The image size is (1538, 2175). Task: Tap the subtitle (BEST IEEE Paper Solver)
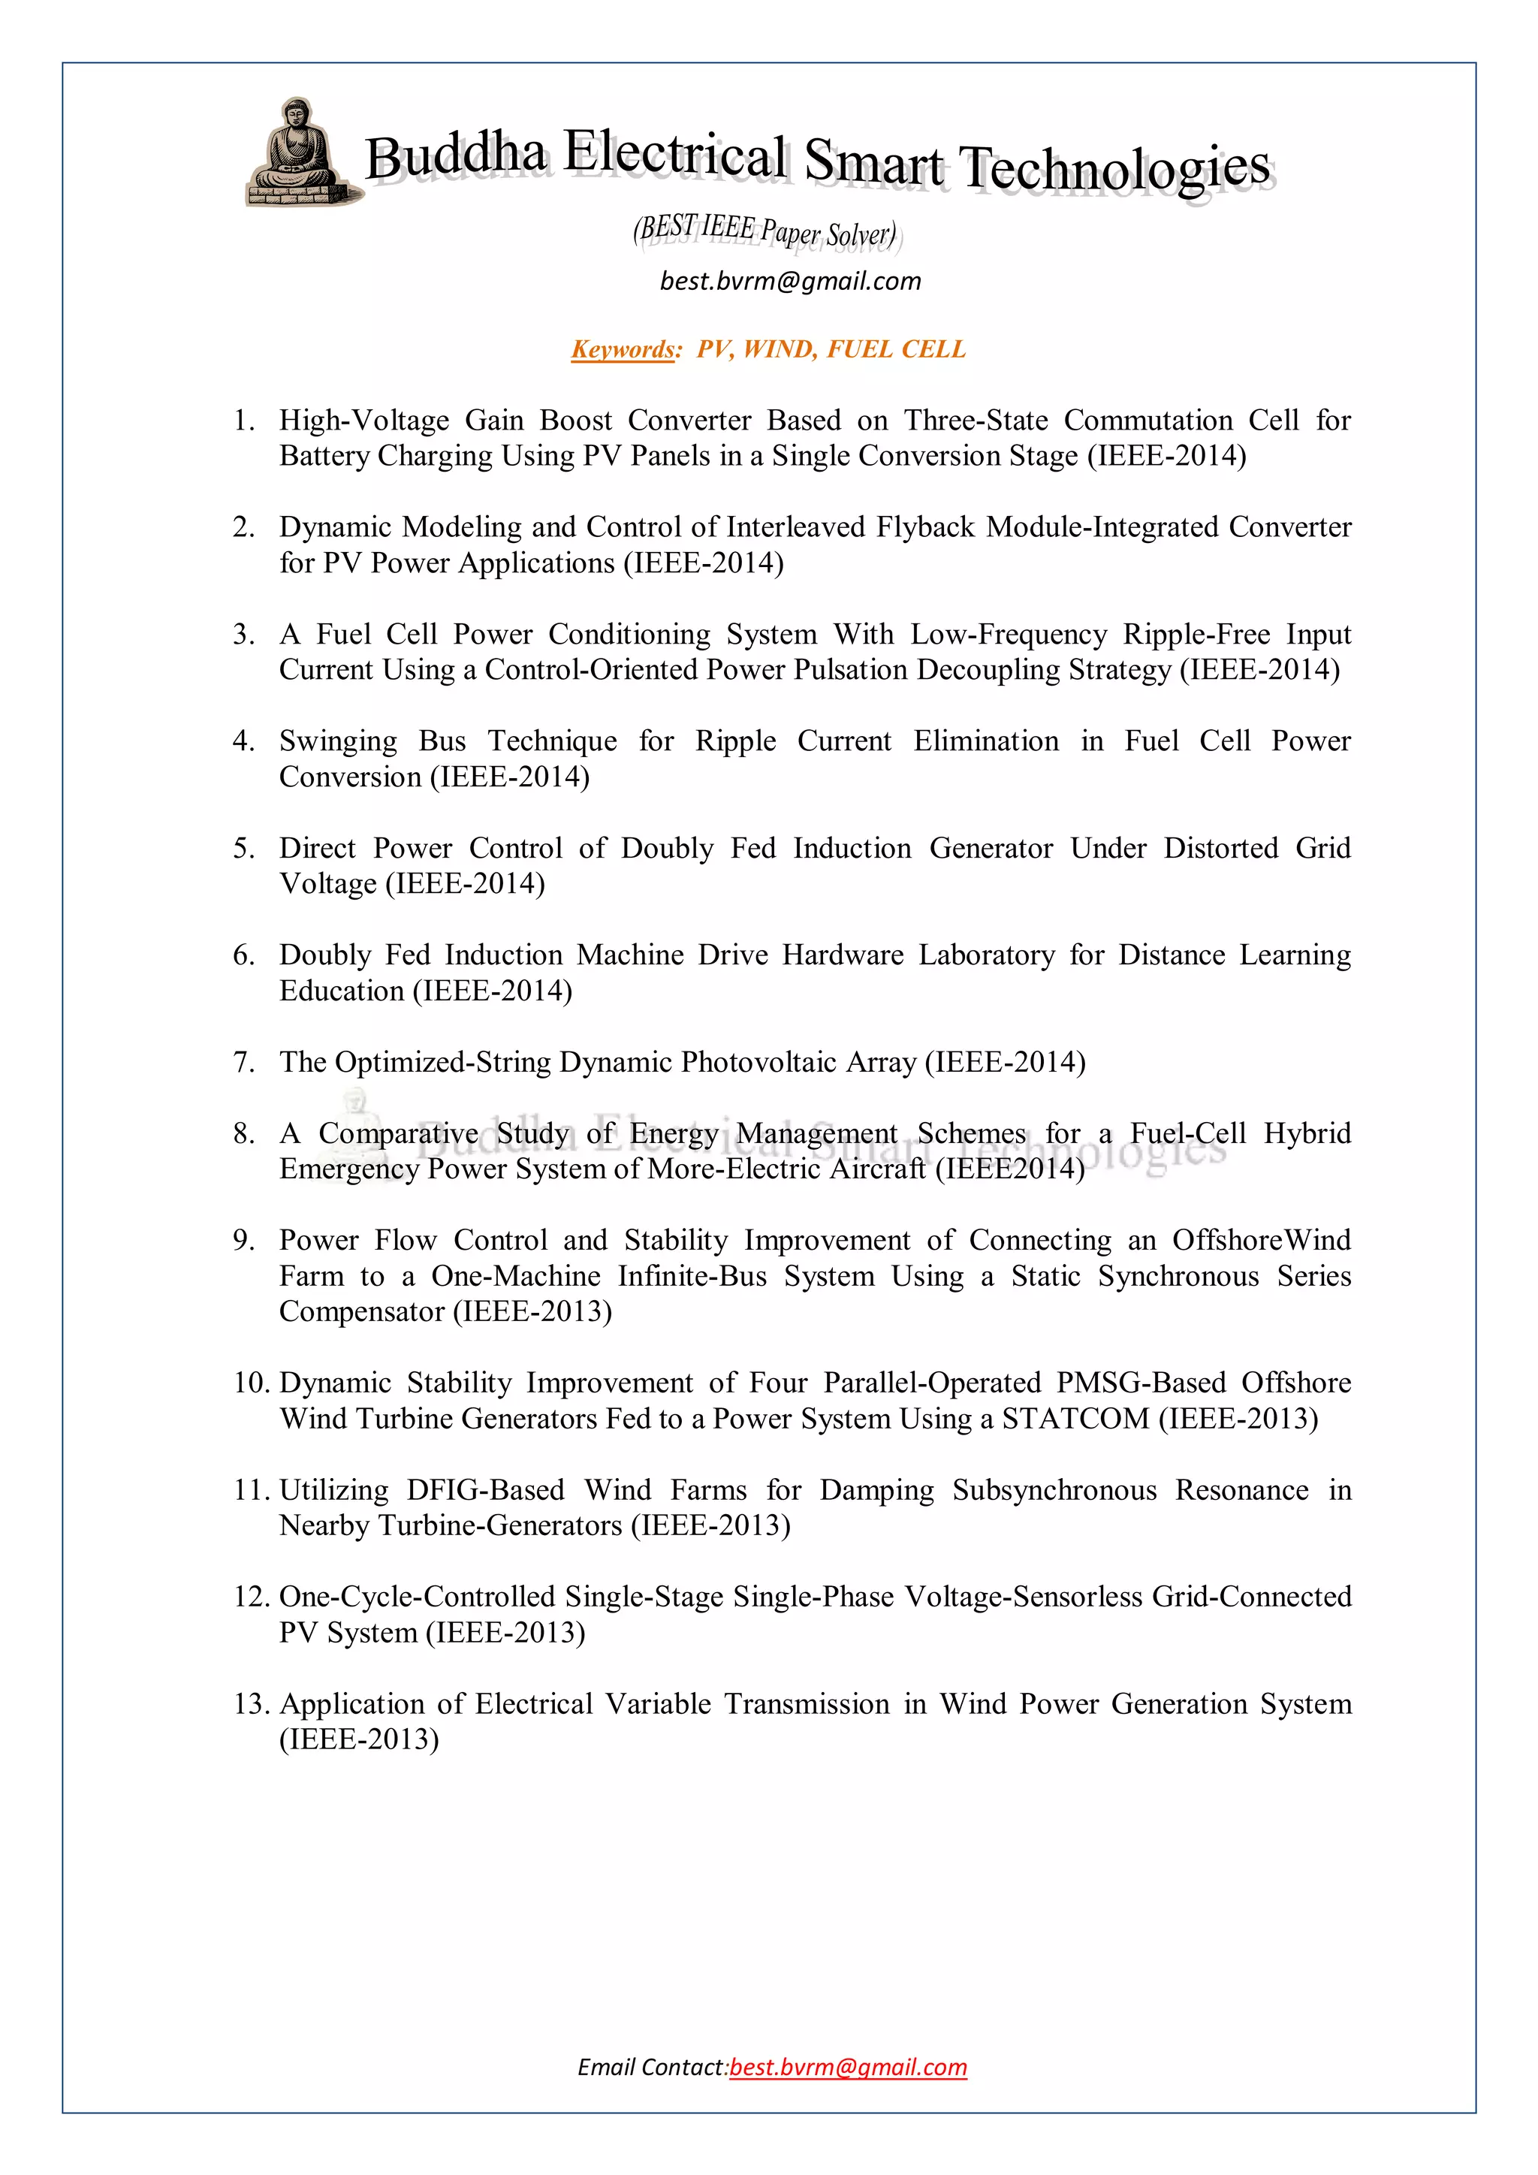pyautogui.click(x=765, y=231)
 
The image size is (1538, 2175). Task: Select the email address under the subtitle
pyautogui.click(x=790, y=282)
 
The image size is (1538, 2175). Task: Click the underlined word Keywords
pyautogui.click(x=623, y=349)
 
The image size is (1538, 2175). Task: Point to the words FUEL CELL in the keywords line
pyautogui.click(x=896, y=349)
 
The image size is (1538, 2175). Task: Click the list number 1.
pyautogui.click(x=243, y=420)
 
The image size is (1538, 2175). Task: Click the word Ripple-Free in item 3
pyautogui.click(x=1197, y=634)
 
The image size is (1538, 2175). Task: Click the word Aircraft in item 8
pyautogui.click(x=877, y=1169)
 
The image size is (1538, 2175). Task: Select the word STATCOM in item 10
pyautogui.click(x=1075, y=1419)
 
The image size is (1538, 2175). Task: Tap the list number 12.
pyautogui.click(x=251, y=1597)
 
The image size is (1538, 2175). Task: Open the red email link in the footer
pyautogui.click(x=849, y=2067)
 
